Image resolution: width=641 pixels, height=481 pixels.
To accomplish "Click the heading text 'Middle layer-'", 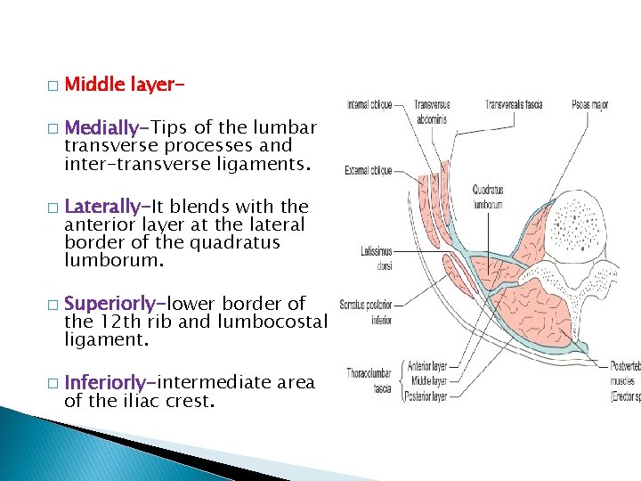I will click(x=118, y=85).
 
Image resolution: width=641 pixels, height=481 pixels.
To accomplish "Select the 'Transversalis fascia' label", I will click(x=512, y=104).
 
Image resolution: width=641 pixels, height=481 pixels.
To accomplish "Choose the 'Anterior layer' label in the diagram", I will click(x=426, y=364).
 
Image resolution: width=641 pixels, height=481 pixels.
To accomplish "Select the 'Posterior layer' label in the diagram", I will click(x=426, y=396).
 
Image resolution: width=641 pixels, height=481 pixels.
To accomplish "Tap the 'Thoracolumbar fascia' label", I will click(x=365, y=381).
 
